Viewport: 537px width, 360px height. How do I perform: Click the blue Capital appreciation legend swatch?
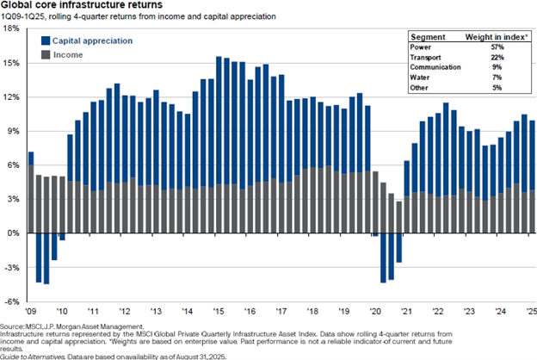tap(44, 40)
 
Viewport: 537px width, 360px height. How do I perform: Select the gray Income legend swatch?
tap(44, 54)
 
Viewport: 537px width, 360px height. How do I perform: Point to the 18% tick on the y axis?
tap(12, 28)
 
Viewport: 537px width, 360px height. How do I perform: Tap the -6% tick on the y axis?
tap(12, 301)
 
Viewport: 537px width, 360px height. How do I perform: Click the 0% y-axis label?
tap(14, 233)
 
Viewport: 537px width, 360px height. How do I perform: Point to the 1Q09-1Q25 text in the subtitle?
tap(23, 16)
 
